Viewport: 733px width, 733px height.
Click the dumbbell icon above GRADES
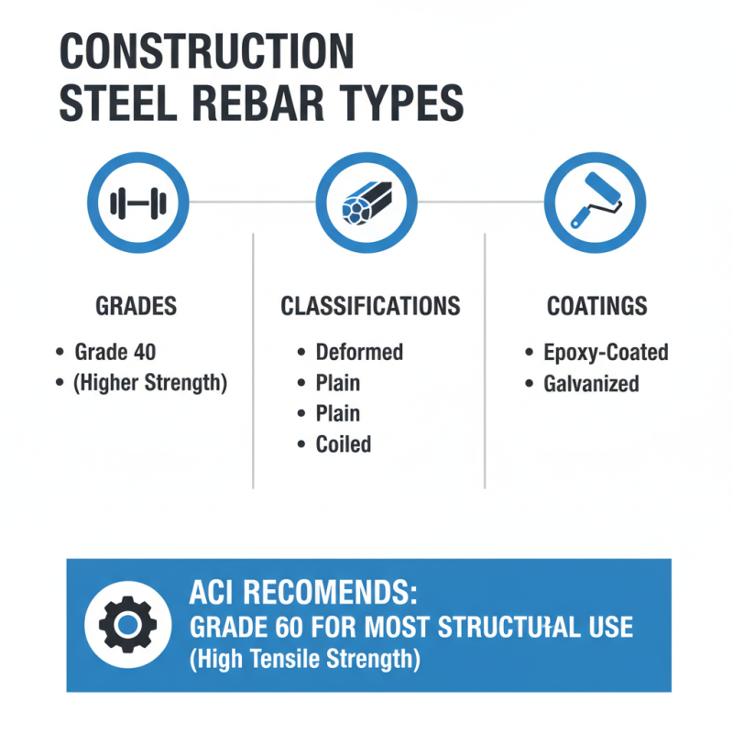coord(137,203)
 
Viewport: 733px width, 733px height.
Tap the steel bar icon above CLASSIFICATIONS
coord(366,203)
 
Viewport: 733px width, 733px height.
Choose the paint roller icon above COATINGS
coord(595,203)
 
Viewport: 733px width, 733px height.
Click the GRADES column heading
coord(137,306)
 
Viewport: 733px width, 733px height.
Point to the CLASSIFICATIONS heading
coord(370,306)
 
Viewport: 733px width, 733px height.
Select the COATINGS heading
coord(596,306)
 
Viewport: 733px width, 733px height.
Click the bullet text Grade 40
coord(115,352)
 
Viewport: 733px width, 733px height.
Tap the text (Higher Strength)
coord(150,382)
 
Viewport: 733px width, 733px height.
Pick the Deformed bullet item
coord(359,352)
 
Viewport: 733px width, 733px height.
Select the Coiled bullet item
coord(344,444)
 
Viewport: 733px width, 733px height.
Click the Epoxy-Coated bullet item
coord(606,352)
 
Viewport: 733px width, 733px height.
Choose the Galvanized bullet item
coord(591,383)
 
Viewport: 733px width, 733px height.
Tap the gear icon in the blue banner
coord(128,624)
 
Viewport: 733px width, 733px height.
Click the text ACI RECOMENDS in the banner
coord(302,595)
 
